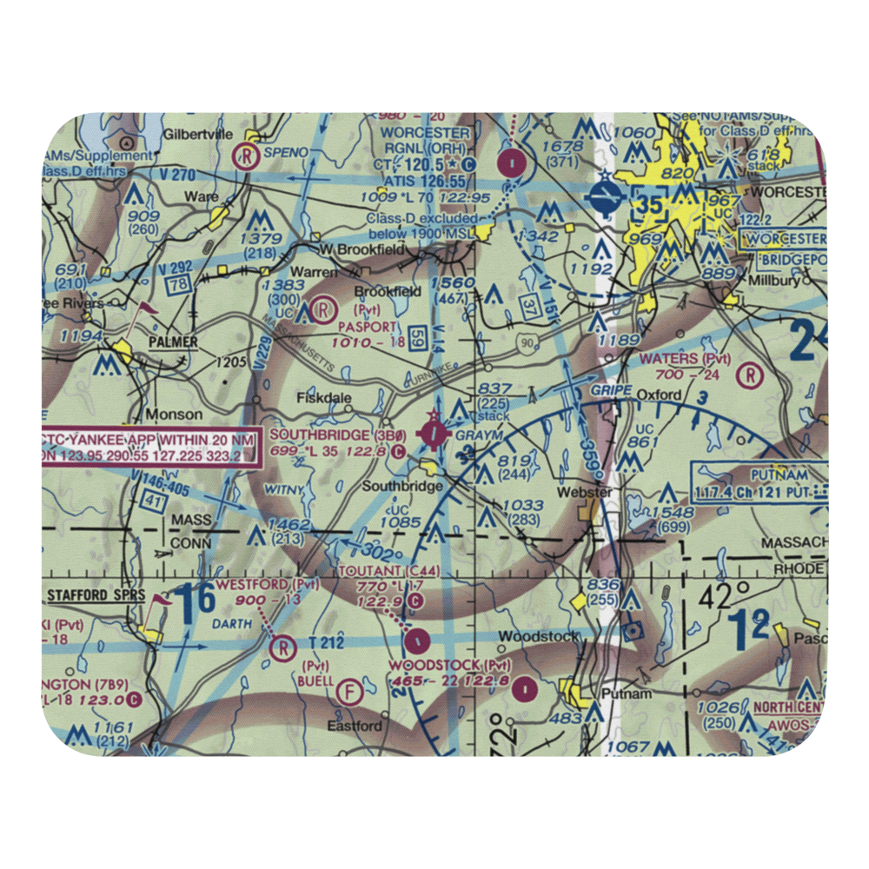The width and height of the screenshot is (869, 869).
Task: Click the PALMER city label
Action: (171, 342)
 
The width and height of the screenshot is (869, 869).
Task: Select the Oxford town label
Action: (659, 395)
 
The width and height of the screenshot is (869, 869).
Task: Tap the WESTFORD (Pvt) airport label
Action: (267, 584)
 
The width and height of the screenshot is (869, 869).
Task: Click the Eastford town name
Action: (354, 726)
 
